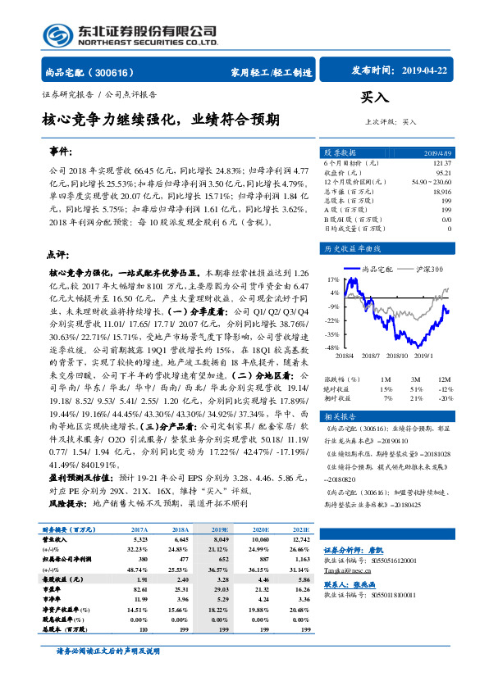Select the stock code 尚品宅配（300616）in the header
(90, 72)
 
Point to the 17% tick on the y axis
(332, 279)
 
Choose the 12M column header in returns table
(445, 379)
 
